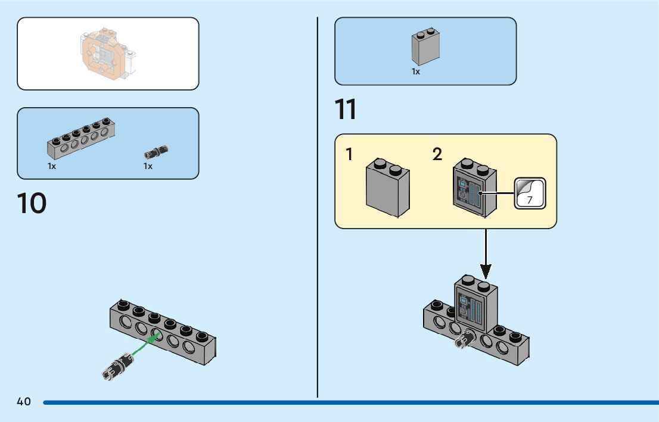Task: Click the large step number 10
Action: tap(32, 203)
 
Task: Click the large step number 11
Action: tap(346, 110)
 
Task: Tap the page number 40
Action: tap(24, 402)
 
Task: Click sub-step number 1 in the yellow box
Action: tap(349, 155)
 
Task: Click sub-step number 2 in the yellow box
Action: tap(437, 155)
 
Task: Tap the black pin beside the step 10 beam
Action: tap(117, 365)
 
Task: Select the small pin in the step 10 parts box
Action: tap(156, 151)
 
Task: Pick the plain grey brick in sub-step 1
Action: tap(388, 188)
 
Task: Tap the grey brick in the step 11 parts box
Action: tap(425, 47)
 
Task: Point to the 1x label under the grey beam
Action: tap(52, 167)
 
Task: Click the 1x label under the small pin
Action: tap(148, 167)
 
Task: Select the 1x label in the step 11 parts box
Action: tap(416, 72)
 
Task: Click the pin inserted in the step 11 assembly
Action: tap(465, 339)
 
